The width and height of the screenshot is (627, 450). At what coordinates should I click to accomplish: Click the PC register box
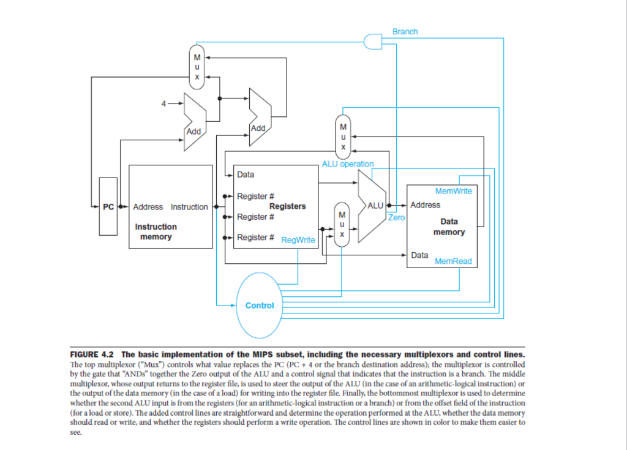[x=108, y=206]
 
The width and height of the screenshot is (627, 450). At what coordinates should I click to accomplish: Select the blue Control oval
[x=260, y=306]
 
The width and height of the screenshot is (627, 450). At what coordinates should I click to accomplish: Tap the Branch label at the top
[x=405, y=32]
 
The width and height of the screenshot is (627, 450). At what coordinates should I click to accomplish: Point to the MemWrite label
[x=454, y=191]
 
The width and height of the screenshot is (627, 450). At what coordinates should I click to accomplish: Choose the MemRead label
[x=453, y=261]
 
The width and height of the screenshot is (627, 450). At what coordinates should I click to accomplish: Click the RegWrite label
[x=298, y=240]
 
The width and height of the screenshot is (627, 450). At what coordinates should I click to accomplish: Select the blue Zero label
[x=396, y=217]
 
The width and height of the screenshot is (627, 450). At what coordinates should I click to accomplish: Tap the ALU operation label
[x=348, y=164]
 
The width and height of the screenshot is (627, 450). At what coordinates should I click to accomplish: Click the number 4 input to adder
[x=163, y=103]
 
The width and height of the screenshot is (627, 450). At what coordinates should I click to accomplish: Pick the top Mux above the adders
[x=197, y=67]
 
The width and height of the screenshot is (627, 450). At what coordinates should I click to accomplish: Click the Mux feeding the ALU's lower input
[x=342, y=225]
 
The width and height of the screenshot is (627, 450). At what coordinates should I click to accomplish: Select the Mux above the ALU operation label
[x=343, y=137]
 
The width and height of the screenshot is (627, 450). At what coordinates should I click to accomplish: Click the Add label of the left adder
[x=193, y=132]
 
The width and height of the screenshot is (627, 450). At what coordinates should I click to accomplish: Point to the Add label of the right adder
[x=258, y=129]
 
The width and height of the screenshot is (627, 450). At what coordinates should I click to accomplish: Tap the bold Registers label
[x=288, y=206]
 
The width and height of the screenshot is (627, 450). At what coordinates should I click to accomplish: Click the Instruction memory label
[x=156, y=231]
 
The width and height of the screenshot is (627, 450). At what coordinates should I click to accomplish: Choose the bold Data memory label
[x=449, y=227]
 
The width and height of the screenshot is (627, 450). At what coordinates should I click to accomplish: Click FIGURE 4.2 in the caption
[x=92, y=355]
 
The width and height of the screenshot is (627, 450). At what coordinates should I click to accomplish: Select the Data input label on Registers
[x=246, y=174]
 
